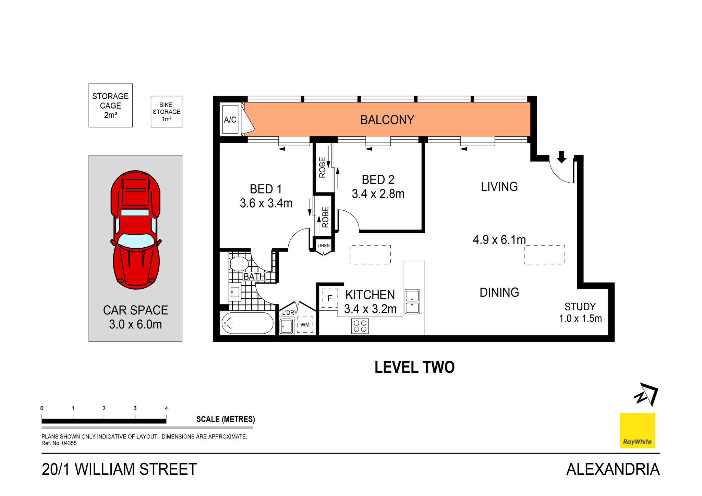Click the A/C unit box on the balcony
[x=230, y=120]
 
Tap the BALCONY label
[x=387, y=120]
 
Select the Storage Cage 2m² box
[x=110, y=106]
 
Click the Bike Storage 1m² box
[x=166, y=112]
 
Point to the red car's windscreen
[x=136, y=240]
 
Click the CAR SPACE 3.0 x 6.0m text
[x=135, y=317]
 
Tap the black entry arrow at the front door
[x=561, y=157]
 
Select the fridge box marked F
[x=329, y=298]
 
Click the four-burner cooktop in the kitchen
[x=360, y=326]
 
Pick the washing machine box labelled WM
[x=305, y=325]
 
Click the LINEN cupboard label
[x=324, y=246]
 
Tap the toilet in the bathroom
[x=239, y=264]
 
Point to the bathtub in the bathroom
[x=247, y=323]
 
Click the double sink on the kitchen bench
[x=412, y=301]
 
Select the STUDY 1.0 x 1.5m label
[x=580, y=312]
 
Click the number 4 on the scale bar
[x=166, y=408]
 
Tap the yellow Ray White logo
[x=637, y=431]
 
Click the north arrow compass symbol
[x=646, y=394]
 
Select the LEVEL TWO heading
[x=414, y=367]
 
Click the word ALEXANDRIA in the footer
[x=613, y=469]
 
